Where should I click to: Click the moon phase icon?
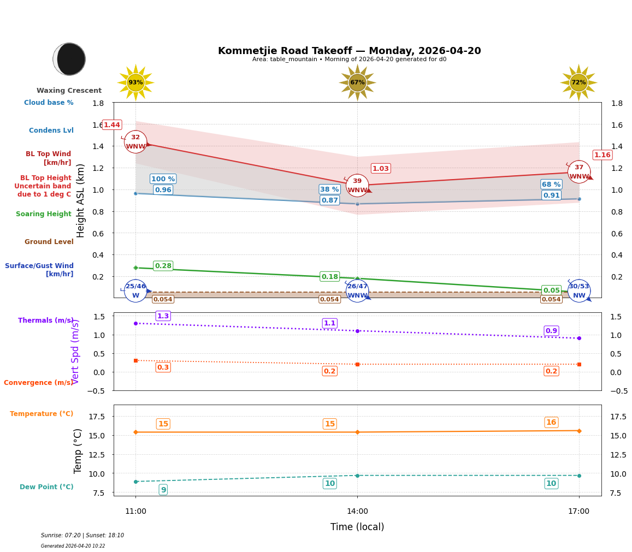(x=69, y=59)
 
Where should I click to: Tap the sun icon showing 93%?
(x=135, y=82)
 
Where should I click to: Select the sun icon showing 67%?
(x=357, y=82)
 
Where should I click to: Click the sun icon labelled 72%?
(x=578, y=82)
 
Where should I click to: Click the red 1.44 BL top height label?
(x=111, y=125)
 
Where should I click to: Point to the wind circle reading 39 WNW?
(x=357, y=186)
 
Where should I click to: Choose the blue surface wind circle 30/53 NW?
(x=579, y=290)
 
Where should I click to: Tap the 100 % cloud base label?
(x=163, y=179)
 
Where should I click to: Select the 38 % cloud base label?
(x=329, y=189)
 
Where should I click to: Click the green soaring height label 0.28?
(x=163, y=266)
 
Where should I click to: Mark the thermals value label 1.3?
(x=163, y=316)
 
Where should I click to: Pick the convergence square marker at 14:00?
(x=357, y=364)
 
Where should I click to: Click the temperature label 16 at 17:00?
(x=551, y=422)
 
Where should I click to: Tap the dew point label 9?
(x=163, y=490)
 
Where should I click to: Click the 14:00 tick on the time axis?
(x=357, y=512)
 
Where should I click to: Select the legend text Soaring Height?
(x=44, y=214)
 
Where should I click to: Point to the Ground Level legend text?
(x=49, y=242)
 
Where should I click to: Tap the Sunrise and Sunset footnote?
(x=82, y=536)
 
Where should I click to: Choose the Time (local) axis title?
(x=357, y=527)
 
